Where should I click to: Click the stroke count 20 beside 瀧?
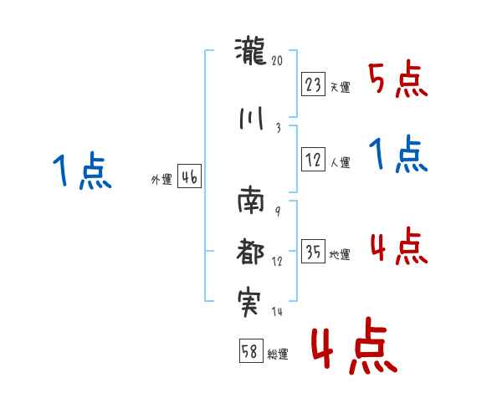(279, 62)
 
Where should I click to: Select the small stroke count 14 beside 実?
(278, 312)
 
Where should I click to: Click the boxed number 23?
(313, 84)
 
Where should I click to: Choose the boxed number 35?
(313, 252)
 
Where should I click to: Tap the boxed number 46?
(189, 177)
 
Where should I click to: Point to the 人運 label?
(340, 164)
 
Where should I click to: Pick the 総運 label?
(277, 355)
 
